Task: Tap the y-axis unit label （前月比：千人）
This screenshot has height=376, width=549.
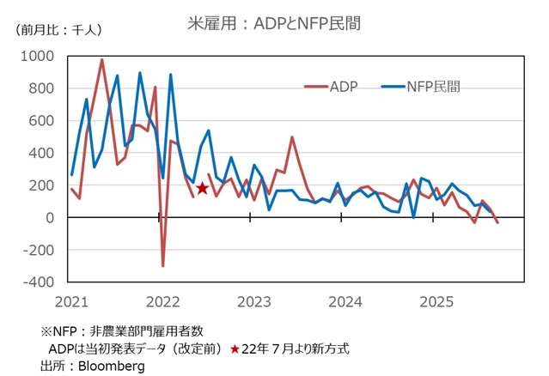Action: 58,29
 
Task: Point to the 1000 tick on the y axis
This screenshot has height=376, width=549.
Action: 38,57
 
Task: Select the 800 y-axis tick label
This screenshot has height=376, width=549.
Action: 41,88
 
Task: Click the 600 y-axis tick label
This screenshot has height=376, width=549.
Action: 41,121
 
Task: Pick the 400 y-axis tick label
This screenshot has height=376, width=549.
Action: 41,154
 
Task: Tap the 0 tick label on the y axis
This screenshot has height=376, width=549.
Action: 50,218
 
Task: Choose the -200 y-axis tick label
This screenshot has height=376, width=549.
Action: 38,251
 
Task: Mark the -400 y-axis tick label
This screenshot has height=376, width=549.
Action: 38,282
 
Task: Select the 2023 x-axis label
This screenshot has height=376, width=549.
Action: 253,301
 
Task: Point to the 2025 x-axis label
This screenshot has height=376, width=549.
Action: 436,301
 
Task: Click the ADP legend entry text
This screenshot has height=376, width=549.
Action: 343,86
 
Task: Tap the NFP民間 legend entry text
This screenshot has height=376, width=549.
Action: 434,86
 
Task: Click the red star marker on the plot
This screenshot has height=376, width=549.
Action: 203,188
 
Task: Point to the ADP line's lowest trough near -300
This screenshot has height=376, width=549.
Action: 163,265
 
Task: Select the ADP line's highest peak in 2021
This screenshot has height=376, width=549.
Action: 102,60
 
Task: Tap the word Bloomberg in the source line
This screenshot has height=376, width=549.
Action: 113,367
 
